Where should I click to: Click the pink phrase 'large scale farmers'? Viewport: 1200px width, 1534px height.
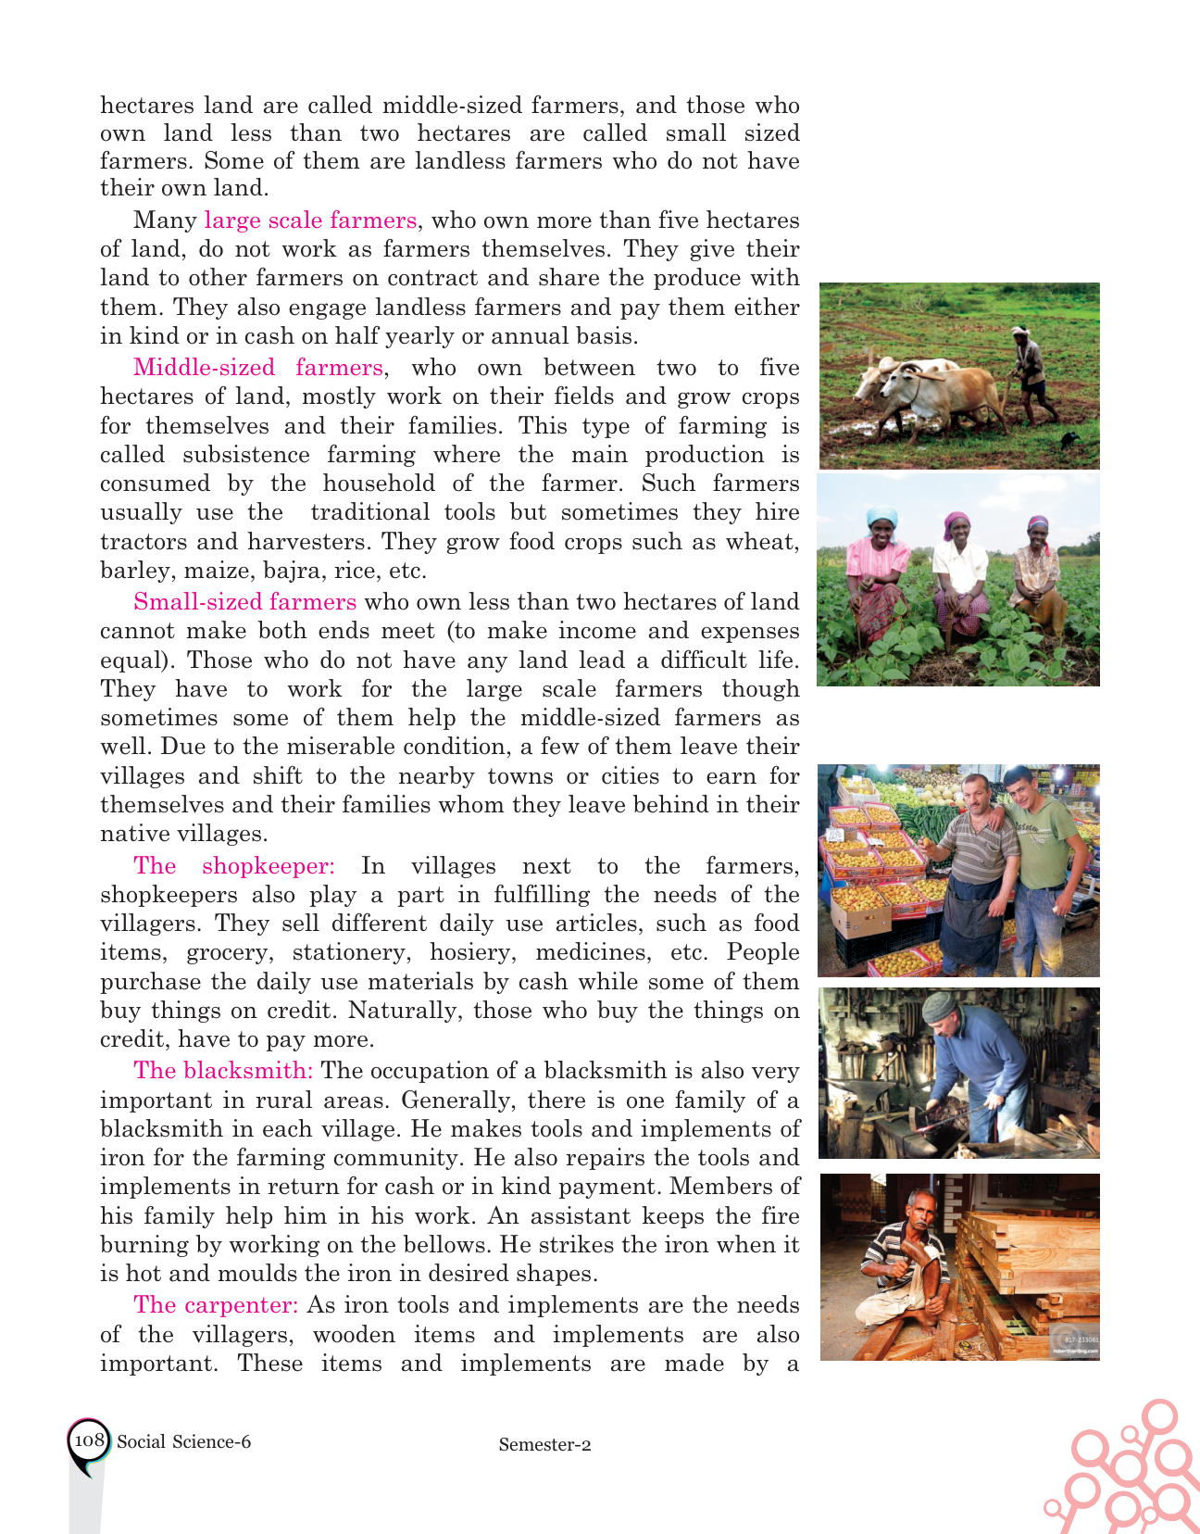coord(310,220)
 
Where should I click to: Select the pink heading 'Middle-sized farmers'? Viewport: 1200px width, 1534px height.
coord(257,368)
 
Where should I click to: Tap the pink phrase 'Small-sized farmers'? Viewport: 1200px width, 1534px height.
coord(244,602)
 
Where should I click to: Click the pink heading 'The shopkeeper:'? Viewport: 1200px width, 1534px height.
coord(233,866)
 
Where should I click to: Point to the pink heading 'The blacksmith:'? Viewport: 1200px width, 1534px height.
coord(223,1071)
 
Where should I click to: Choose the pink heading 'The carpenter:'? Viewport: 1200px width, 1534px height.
coord(216,1305)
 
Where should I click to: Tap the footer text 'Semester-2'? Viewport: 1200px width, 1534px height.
coord(544,1444)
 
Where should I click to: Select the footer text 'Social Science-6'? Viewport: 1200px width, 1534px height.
coord(183,1441)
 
